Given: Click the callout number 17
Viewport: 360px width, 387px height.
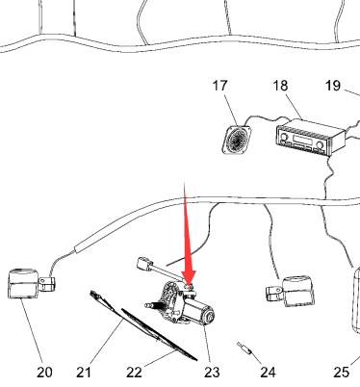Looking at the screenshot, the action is (219, 86).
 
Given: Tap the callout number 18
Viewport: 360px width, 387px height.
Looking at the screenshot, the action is (280, 86).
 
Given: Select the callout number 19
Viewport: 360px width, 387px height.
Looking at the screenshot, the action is (332, 86).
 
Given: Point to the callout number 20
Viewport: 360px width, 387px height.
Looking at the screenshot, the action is (44, 373).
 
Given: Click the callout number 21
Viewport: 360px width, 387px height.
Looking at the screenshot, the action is (84, 373).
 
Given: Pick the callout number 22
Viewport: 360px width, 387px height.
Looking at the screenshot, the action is (134, 373).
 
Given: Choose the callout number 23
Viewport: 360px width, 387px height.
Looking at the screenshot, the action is (212, 373).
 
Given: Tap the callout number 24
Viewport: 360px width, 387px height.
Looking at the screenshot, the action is (268, 373).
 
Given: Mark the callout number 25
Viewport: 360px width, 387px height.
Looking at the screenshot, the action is (341, 373).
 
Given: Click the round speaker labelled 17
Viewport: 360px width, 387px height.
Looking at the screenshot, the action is (237, 140).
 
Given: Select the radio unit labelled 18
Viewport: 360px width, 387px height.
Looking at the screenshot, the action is (311, 137).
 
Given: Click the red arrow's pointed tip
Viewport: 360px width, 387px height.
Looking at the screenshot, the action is (189, 286).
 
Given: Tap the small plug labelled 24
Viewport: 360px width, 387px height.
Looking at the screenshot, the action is (244, 348).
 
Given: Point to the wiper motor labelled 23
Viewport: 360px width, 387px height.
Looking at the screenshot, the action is (181, 303).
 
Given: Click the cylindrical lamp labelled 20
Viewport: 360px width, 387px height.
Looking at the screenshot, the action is (23, 284).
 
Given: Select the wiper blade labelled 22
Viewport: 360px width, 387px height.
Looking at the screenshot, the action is (159, 335).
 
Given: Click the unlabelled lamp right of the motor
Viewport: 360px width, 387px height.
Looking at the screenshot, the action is (291, 291).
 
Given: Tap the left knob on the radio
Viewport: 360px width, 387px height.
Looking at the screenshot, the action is (284, 138).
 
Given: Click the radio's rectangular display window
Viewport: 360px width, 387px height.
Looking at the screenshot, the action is (302, 140).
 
